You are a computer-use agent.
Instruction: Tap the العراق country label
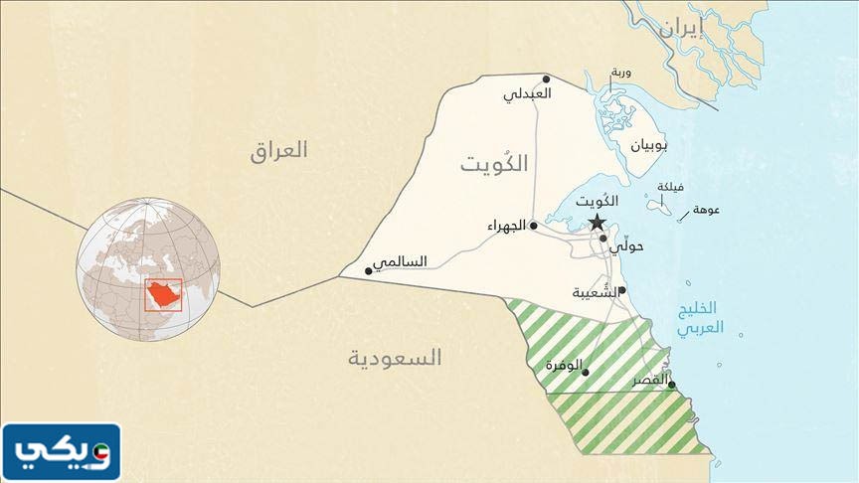[x=279, y=151]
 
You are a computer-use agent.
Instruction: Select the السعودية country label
[x=395, y=358]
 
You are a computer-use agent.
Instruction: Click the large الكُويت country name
[x=494, y=165]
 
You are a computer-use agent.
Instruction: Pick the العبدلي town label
[x=527, y=95]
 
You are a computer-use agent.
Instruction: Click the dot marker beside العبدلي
[x=546, y=79]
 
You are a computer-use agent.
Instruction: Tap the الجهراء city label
[x=507, y=227]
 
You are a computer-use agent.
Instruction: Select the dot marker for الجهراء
[x=534, y=227]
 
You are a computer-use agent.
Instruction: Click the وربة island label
[x=620, y=74]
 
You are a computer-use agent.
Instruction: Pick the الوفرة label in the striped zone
[x=564, y=365]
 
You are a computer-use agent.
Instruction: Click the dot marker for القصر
[x=672, y=386]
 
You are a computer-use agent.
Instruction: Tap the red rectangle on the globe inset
[x=163, y=295]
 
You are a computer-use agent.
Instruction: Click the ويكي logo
[x=62, y=452]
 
